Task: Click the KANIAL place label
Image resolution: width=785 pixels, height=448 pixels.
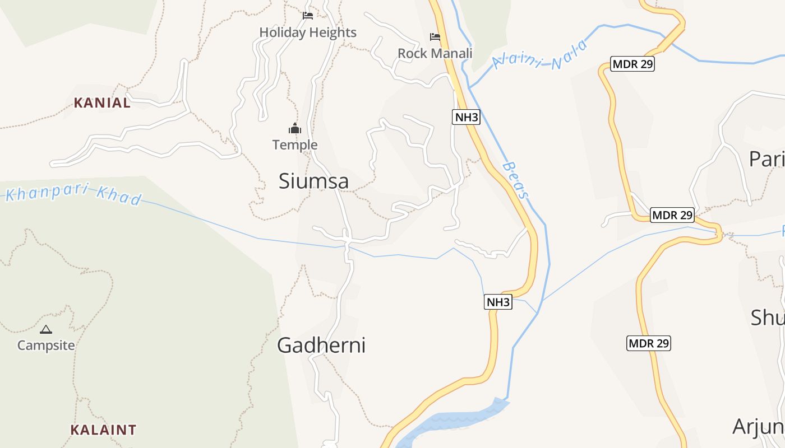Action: [x=102, y=103]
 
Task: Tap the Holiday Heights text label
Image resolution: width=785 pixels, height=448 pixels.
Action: [x=308, y=32]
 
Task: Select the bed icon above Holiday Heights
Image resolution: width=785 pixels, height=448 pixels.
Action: [x=308, y=15]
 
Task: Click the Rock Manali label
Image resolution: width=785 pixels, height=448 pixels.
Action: [x=435, y=53]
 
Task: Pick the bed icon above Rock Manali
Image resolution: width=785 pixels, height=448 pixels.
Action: [x=435, y=37]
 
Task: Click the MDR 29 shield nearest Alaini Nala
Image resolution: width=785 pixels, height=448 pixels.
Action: [x=633, y=64]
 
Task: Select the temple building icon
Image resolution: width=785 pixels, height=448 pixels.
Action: [x=295, y=129]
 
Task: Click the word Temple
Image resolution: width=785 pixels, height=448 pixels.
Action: [x=295, y=145]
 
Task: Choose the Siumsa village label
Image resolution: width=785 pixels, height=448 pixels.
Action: [x=313, y=181]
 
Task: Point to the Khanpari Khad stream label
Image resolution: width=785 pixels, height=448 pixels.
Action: [x=73, y=194]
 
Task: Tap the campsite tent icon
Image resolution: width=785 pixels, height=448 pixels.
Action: [x=46, y=329]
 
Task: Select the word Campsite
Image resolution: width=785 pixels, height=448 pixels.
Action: [x=46, y=345]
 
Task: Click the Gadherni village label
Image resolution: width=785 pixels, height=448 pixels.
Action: [x=321, y=345]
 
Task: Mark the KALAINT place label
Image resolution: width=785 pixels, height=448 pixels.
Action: [x=103, y=430]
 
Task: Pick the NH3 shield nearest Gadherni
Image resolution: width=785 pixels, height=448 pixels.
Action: [x=498, y=302]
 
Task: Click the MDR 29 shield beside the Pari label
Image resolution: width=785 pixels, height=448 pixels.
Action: [x=672, y=214]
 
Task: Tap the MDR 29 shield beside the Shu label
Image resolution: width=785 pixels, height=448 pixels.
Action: [x=648, y=343]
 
